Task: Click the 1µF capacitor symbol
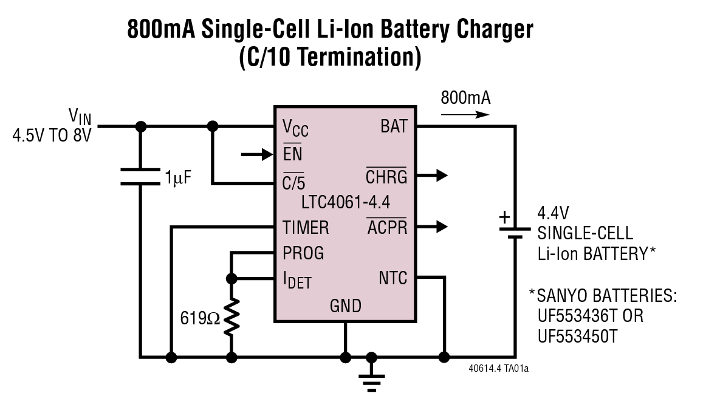click(141, 177)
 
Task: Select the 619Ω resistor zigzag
click(231, 316)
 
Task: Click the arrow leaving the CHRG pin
click(433, 176)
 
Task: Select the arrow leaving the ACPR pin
click(433, 227)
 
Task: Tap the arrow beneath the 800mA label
click(465, 114)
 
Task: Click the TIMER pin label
click(306, 228)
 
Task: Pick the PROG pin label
click(303, 252)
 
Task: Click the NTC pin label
click(393, 278)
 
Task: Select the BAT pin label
click(394, 127)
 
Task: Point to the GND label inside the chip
click(346, 305)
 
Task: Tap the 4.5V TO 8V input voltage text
click(51, 135)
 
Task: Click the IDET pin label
click(297, 279)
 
